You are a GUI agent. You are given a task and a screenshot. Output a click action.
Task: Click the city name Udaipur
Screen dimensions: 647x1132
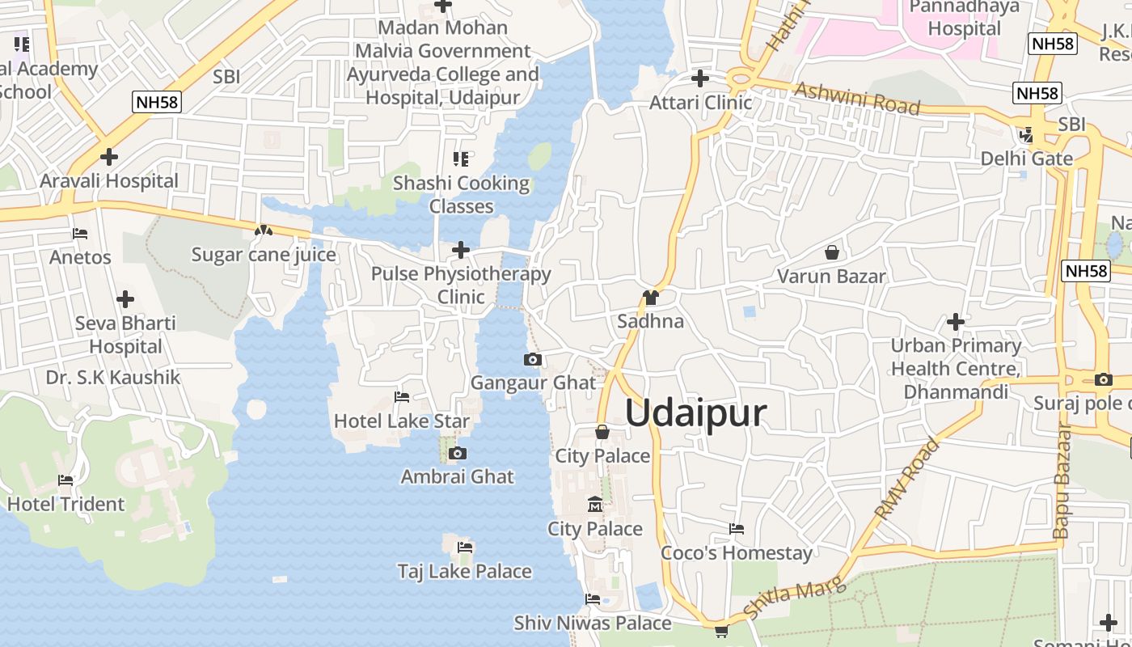695,413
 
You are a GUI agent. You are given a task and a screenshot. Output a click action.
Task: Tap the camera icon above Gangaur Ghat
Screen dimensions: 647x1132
532,359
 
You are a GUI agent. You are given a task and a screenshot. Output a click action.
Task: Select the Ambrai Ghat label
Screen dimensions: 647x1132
458,476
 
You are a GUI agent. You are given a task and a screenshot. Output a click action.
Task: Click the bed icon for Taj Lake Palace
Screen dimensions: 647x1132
465,547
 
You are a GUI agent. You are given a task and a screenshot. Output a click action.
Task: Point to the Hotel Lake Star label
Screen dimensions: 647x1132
402,421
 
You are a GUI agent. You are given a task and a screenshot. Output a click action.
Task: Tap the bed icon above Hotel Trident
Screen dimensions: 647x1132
65,480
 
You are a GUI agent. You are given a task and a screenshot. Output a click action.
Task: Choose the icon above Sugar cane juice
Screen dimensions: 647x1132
263,230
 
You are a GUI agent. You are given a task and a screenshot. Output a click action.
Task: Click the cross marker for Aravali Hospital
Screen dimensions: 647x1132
109,156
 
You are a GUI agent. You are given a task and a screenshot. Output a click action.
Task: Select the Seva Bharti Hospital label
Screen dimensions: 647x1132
125,334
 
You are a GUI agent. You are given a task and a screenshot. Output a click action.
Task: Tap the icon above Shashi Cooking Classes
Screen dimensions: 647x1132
461,159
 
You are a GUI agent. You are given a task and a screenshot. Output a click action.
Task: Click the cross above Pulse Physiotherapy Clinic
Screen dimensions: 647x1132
461,250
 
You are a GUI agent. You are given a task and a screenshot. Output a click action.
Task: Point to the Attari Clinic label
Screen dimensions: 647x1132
701,103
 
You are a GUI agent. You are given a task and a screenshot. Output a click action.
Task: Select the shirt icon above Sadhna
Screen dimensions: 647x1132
650,297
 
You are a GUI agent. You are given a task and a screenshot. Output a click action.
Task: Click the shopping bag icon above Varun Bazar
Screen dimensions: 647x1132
831,252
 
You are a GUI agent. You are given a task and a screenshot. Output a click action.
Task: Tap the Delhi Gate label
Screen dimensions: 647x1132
1027,158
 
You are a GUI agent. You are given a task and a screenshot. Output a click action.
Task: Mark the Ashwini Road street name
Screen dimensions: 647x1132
858,98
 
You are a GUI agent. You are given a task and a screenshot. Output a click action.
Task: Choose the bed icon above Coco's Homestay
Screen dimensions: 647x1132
736,529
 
